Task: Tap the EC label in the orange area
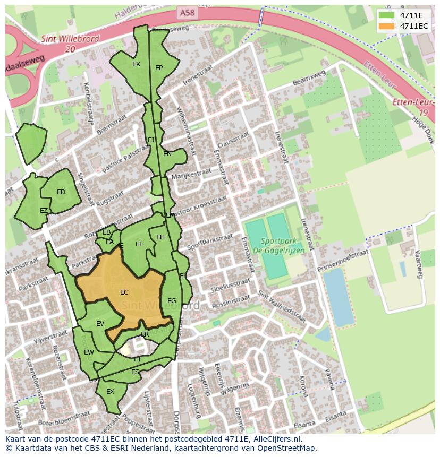tap(124, 292)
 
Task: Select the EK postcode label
tap(136, 64)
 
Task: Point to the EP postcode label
tap(159, 68)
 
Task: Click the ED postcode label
tap(61, 192)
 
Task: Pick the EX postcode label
tap(111, 392)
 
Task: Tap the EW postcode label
tap(89, 352)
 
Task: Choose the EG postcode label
tap(172, 301)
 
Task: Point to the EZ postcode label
tap(44, 211)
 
